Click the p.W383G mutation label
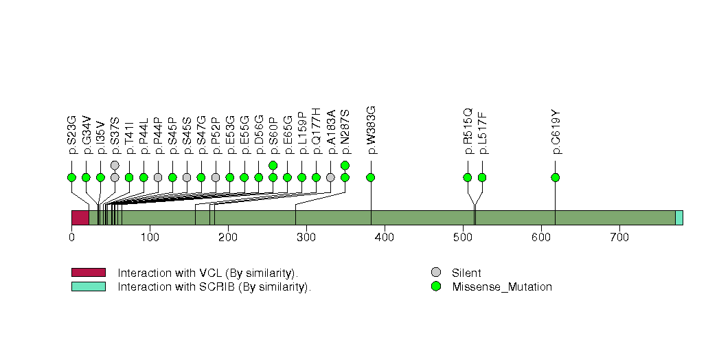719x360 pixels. point(371,130)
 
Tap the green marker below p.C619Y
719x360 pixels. point(555,177)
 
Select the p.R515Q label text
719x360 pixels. point(468,131)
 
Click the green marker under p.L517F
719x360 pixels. point(482,177)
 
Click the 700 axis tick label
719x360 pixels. point(619,238)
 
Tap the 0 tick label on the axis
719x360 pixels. point(71,238)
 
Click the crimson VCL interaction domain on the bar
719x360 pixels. point(80,218)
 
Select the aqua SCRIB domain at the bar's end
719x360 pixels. point(678,218)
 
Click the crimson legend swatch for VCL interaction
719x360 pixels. point(88,273)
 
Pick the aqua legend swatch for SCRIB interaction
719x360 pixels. point(88,286)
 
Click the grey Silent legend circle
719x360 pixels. point(435,273)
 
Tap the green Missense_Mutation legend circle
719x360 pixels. point(435,286)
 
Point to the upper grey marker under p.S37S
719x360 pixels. point(115,165)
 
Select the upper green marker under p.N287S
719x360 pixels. point(345,165)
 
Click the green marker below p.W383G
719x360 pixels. point(371,177)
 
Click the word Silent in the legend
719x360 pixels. point(466,273)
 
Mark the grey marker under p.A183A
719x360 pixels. point(330,177)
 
